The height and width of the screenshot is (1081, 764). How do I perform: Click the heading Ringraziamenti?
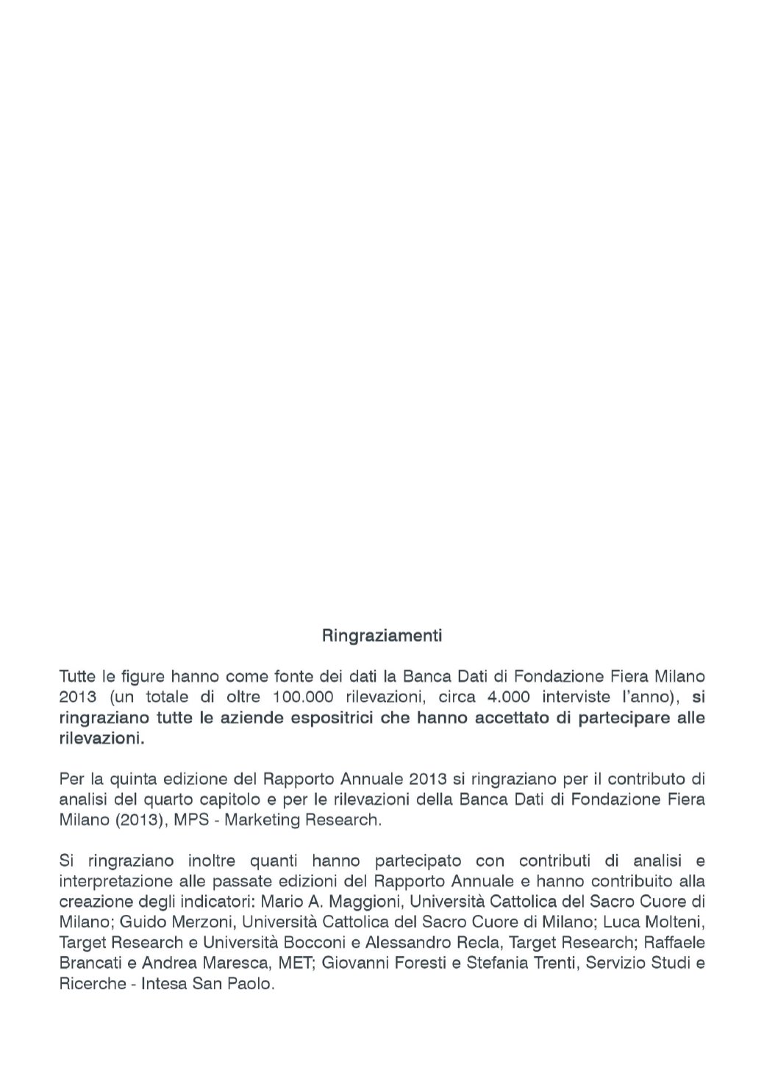(382, 635)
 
